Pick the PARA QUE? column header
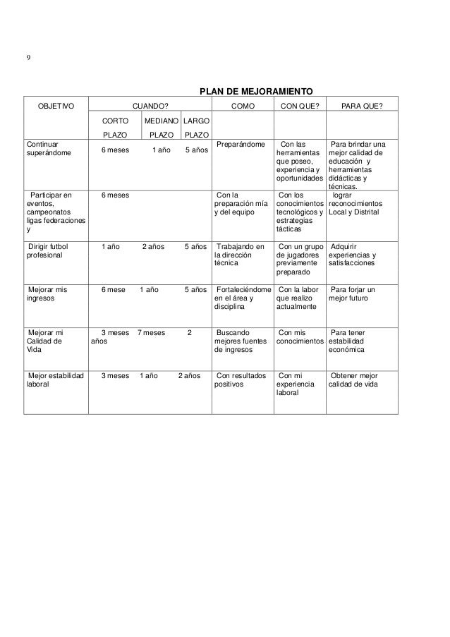pos(362,106)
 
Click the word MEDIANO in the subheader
pos(162,121)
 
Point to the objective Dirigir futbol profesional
pos(48,251)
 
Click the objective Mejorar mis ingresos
pos(47,294)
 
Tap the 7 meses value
pos(150,332)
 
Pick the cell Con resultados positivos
pos(241,381)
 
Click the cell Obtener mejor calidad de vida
pos(359,381)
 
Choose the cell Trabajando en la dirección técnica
pos(241,255)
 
